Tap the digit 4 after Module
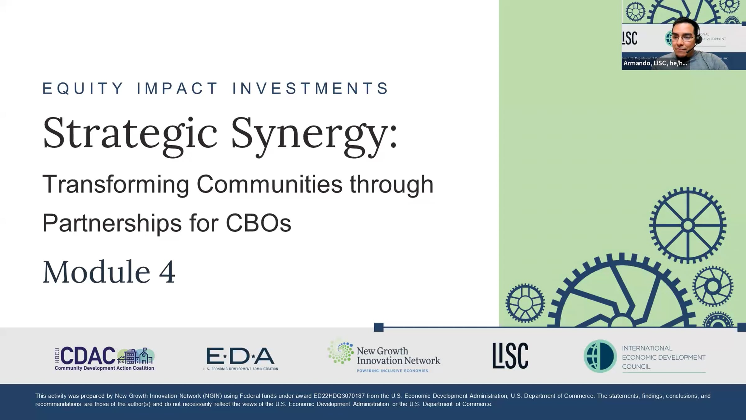click(167, 272)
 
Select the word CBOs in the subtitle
click(258, 223)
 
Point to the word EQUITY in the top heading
click(83, 88)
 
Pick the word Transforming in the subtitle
click(116, 185)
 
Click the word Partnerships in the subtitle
click(112, 224)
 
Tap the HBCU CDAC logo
click(104, 358)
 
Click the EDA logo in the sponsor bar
click(241, 358)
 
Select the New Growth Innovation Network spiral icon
click(341, 353)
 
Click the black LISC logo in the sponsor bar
click(510, 356)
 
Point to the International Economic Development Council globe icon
click(600, 356)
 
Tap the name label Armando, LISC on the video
click(655, 63)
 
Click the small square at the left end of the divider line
click(379, 327)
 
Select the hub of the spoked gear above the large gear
click(688, 225)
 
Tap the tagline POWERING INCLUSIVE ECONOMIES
click(392, 371)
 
